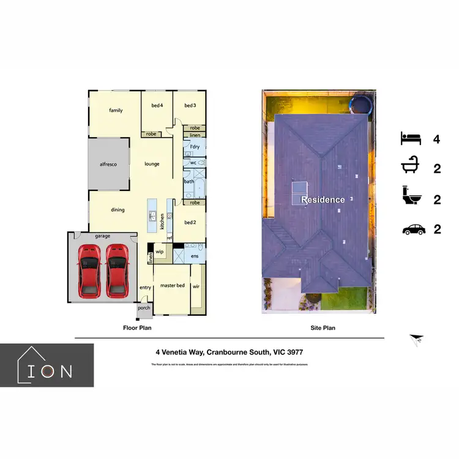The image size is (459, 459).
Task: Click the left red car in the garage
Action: click(x=89, y=270)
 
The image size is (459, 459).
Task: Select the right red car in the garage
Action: click(x=117, y=270)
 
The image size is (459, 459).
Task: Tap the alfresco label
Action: click(x=108, y=165)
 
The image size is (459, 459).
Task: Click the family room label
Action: click(x=116, y=111)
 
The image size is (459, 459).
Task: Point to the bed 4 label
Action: click(x=157, y=106)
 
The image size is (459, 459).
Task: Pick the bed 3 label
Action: click(x=190, y=106)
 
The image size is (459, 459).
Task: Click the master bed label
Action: click(x=172, y=286)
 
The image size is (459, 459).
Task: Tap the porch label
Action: click(x=144, y=308)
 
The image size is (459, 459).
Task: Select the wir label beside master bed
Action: click(x=197, y=286)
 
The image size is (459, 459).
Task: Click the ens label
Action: click(x=195, y=256)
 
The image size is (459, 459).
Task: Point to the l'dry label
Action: click(x=195, y=147)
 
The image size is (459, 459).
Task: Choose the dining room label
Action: click(x=118, y=210)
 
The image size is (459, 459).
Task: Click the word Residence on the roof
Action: click(x=323, y=200)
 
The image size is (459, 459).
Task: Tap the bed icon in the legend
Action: click(x=411, y=138)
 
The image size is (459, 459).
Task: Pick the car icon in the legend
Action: click(x=413, y=229)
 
